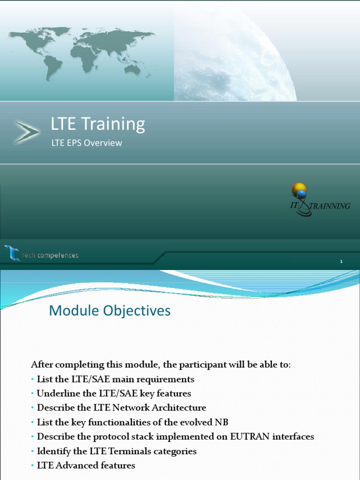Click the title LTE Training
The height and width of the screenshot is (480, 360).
98,124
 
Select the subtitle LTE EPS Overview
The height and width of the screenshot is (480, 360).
86,143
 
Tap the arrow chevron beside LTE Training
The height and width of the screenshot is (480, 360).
26,132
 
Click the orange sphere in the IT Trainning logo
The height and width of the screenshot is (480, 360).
299,189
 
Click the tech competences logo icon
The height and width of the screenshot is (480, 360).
12,253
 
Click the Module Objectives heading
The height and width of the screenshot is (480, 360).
110,310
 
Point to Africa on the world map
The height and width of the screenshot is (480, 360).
87,56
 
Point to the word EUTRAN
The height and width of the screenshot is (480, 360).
250,437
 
